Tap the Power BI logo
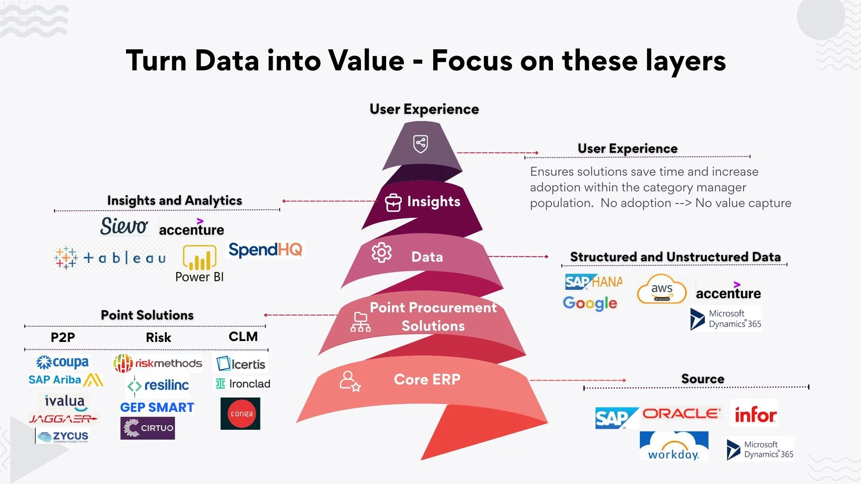[200, 264]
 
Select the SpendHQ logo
[265, 250]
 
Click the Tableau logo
[110, 257]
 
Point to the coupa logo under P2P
[63, 362]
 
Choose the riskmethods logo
[157, 363]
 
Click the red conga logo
[240, 414]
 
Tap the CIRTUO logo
[148, 428]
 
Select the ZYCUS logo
[63, 436]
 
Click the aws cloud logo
[661, 290]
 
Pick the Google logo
[590, 303]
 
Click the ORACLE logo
[681, 414]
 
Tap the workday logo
[674, 446]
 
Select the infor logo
[755, 414]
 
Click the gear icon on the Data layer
[381, 253]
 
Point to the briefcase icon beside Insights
[393, 203]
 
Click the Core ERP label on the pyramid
[427, 380]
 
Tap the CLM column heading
[243, 337]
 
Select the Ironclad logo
[243, 384]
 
